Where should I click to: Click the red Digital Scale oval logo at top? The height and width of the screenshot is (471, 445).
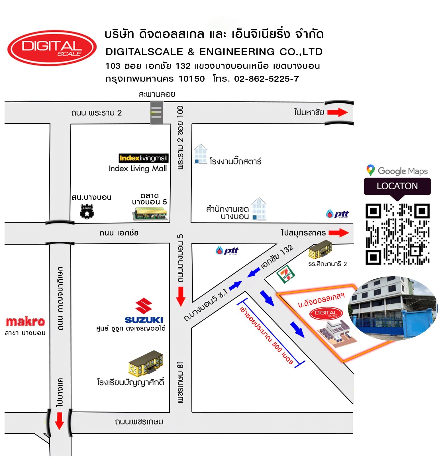click(52, 48)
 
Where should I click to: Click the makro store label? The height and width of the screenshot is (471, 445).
click(25, 322)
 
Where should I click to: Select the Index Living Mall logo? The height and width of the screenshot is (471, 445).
click(143, 158)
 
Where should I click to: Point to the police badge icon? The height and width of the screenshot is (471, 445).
click(87, 212)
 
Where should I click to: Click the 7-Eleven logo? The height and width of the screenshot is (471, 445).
click(286, 274)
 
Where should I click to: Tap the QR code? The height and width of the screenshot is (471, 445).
click(397, 234)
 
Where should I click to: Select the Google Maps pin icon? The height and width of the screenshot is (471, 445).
click(370, 170)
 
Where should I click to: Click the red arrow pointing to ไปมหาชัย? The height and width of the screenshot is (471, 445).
click(338, 112)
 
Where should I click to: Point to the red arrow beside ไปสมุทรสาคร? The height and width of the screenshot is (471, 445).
click(339, 233)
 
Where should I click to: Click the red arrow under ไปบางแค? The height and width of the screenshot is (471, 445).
click(59, 421)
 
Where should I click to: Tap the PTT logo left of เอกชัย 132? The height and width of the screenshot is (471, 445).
click(227, 251)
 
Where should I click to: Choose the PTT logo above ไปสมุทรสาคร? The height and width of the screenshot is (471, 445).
click(337, 214)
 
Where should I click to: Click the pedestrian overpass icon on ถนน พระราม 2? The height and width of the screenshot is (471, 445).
click(157, 112)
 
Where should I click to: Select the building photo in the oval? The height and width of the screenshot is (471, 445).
click(393, 308)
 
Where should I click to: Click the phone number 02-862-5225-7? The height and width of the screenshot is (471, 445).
click(266, 79)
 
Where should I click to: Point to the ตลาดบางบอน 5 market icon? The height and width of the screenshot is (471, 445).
click(150, 213)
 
